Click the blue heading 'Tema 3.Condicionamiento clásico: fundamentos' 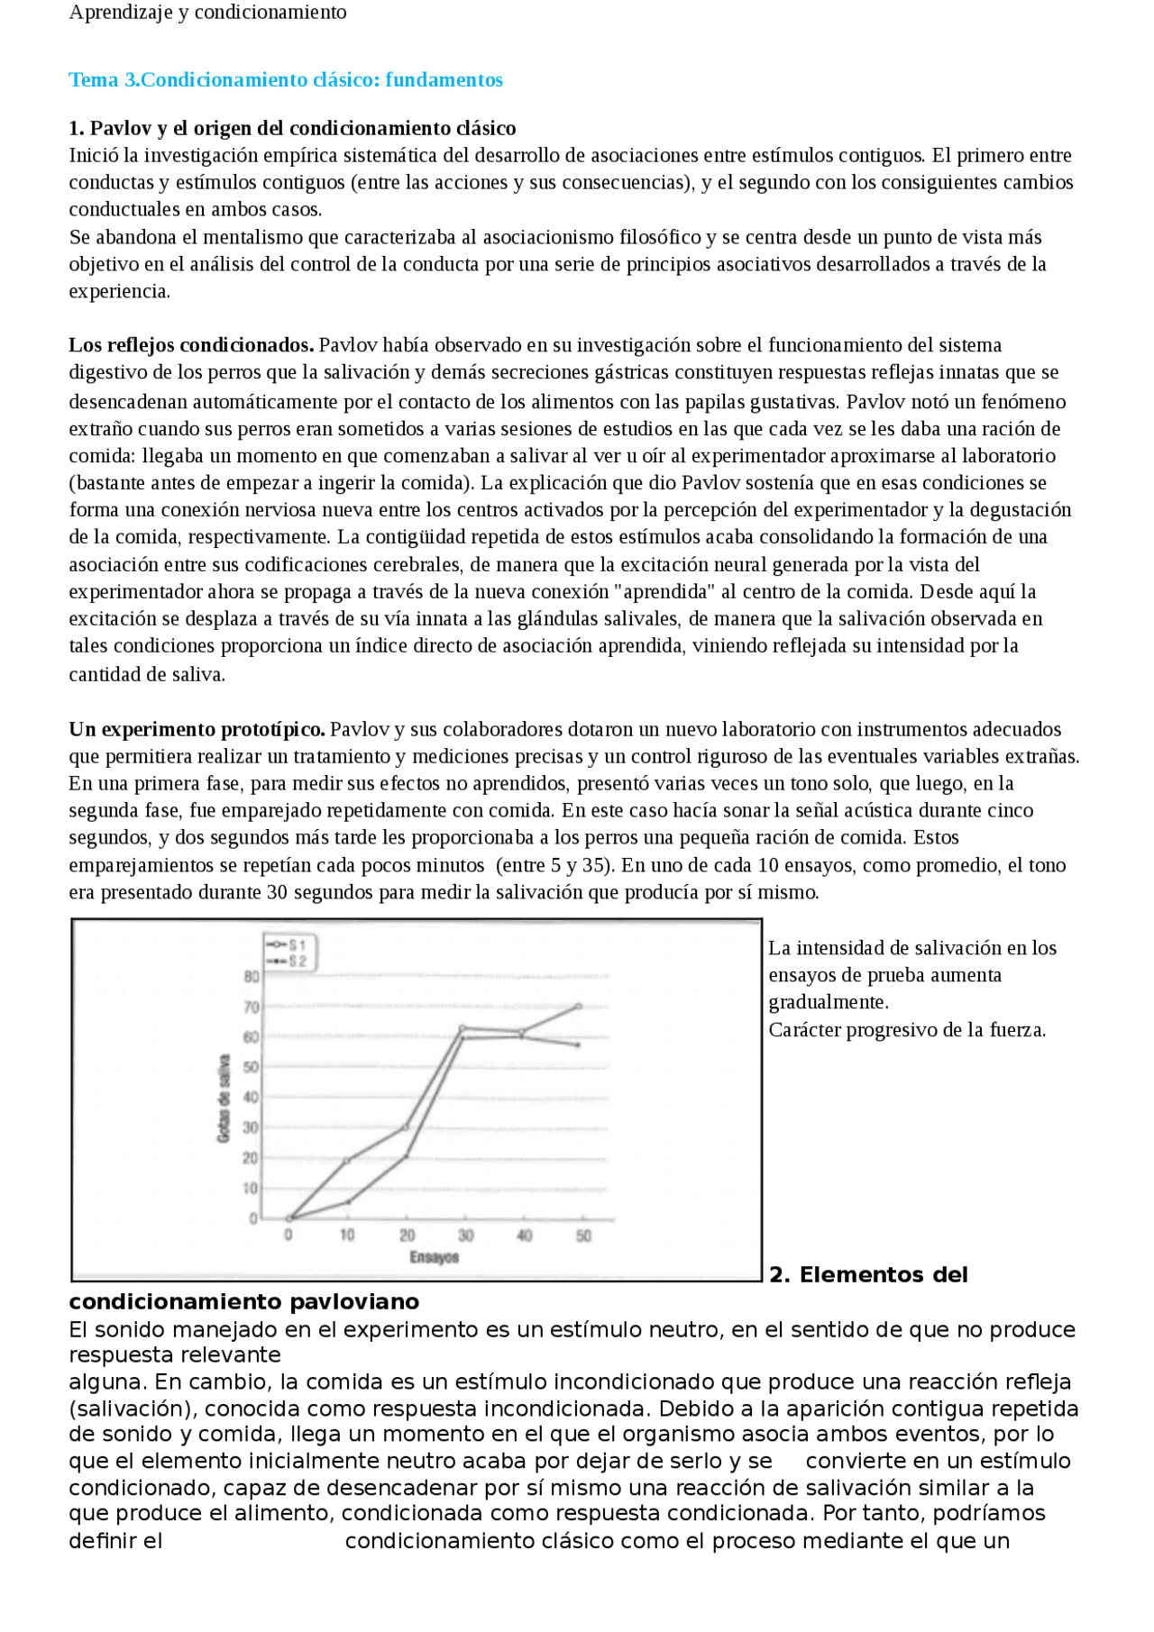coord(286,80)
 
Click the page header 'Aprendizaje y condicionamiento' coord(207,13)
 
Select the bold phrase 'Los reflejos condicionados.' coord(191,345)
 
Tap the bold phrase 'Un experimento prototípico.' coord(197,729)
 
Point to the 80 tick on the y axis coord(252,976)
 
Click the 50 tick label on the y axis coord(252,1067)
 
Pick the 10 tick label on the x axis coord(347,1235)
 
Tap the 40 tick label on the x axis coord(525,1235)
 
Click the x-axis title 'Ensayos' coord(435,1257)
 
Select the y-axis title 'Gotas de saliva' coord(224,1098)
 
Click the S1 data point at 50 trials coord(578,1007)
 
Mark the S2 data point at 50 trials coord(578,1044)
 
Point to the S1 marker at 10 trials coord(347,1161)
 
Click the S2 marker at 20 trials coord(407,1156)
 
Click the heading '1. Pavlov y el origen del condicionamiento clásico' coord(292,128)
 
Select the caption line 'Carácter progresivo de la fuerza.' coord(906,1030)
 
